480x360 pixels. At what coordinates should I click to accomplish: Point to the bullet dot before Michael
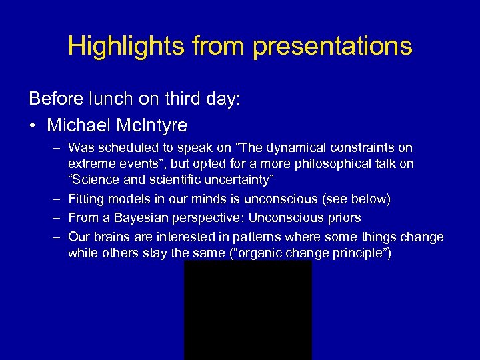pyautogui.click(x=33, y=125)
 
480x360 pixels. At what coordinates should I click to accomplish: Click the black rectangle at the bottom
pyautogui.click(x=247, y=310)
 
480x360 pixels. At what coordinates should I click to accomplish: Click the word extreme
pyautogui.click(x=89, y=164)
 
